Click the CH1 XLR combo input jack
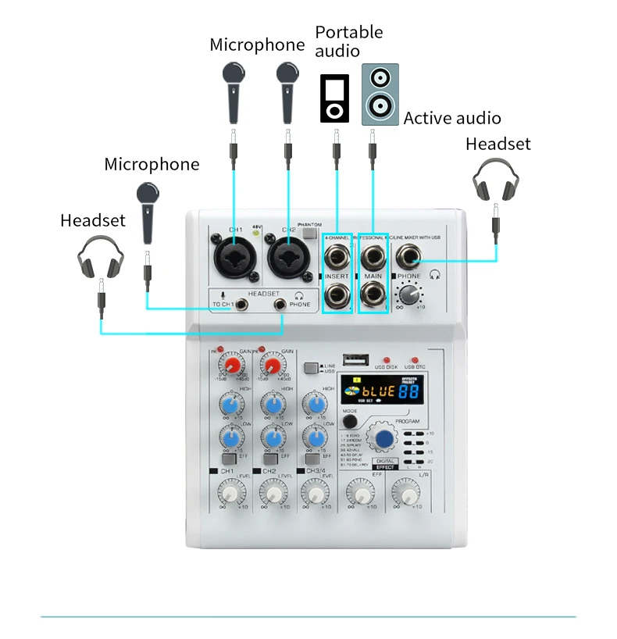pos(235,254)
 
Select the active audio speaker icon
pos(380,95)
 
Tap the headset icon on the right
pos(495,179)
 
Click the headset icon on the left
pos(102,256)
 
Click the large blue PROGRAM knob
pos(383,438)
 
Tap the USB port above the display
pos(356,360)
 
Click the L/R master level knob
pos(405,492)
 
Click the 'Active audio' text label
pos(452,118)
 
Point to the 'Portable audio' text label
pos(349,41)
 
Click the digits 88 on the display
pos(408,391)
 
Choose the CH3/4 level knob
pos(314,492)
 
